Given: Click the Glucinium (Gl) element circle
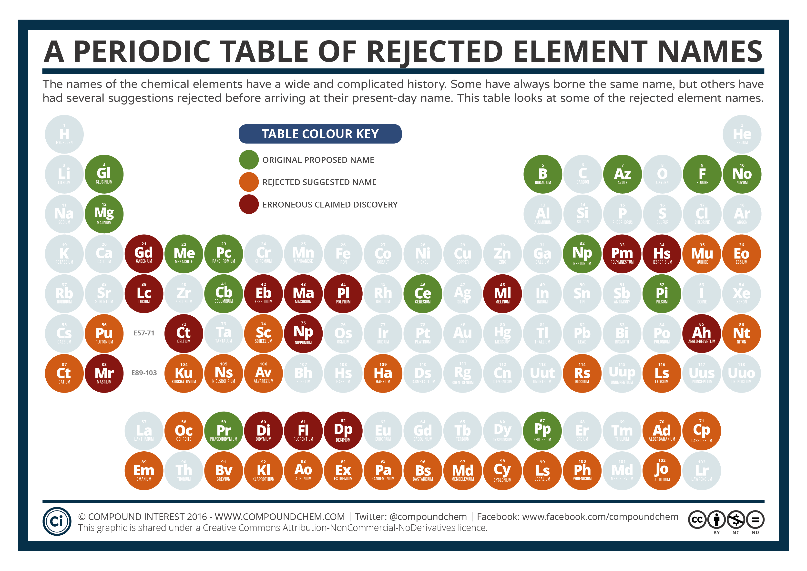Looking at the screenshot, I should (x=104, y=174).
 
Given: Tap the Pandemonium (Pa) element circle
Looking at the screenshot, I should (x=383, y=470).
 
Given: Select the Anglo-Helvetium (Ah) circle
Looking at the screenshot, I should (x=702, y=333).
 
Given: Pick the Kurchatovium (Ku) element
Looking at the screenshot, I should (x=184, y=373).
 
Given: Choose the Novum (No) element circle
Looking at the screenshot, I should (x=742, y=174).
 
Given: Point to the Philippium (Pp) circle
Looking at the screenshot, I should (x=542, y=431).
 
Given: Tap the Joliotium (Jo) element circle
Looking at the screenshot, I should (x=662, y=470).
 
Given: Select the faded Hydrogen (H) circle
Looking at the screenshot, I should (x=64, y=134).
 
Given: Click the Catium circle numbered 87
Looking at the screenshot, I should (x=64, y=373).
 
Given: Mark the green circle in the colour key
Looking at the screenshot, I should (x=249, y=160).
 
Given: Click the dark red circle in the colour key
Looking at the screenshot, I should (x=249, y=204).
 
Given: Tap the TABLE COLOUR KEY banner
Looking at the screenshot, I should (x=320, y=134).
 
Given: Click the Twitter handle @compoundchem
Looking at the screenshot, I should (x=428, y=517).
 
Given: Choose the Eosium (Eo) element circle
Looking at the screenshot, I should (x=742, y=253).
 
